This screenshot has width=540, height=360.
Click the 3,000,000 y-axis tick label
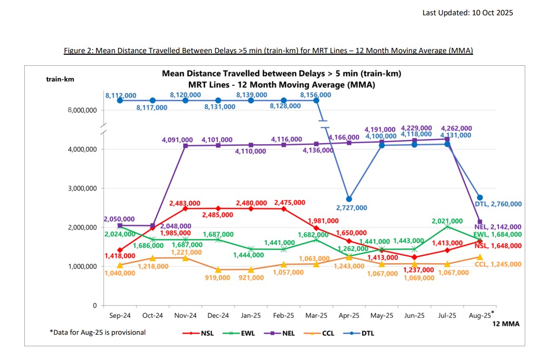[79, 188]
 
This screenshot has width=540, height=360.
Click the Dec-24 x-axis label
[218, 316]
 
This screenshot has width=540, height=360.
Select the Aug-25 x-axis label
[479, 316]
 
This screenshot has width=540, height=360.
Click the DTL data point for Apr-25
[349, 199]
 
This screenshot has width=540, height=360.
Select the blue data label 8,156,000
[316, 95]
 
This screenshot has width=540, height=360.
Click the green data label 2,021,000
[447, 221]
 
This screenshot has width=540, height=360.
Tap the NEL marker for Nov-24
[185, 145]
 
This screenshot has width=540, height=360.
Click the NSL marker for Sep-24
[120, 250]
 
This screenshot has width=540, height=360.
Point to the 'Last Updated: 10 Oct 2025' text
[467, 13]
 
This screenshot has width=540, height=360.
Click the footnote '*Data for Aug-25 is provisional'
[98, 332]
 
